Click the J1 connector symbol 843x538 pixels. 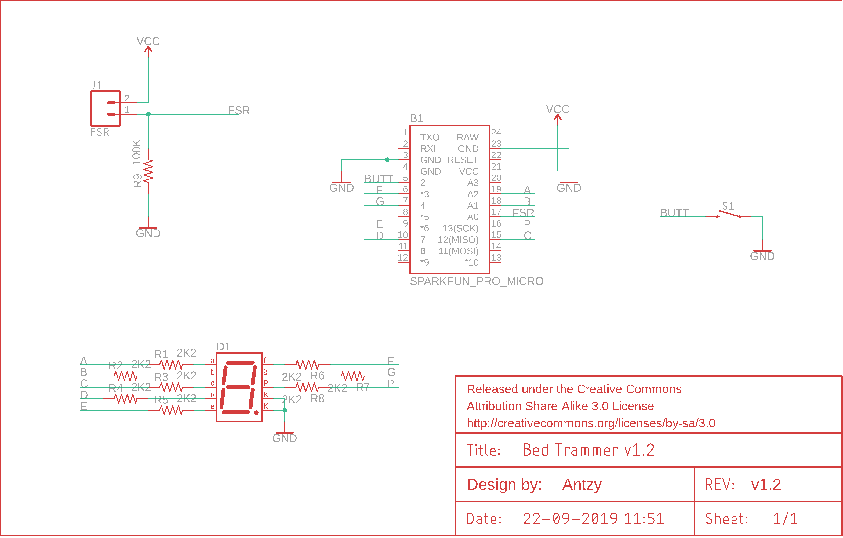[105, 109]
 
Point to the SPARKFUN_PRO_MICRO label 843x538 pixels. [476, 281]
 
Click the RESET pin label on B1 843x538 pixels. [463, 160]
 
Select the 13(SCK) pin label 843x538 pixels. [460, 228]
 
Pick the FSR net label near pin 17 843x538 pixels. [523, 213]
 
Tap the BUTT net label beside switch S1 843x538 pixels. [674, 213]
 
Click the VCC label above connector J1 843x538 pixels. [148, 41]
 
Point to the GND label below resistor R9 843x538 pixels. [148, 233]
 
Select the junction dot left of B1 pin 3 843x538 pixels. [387, 160]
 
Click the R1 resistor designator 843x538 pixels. [161, 354]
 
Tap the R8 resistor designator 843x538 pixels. [317, 399]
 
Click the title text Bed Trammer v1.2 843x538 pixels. [588, 450]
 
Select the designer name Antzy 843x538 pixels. [582, 485]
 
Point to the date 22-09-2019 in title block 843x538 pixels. [570, 519]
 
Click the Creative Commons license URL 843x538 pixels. [591, 423]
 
